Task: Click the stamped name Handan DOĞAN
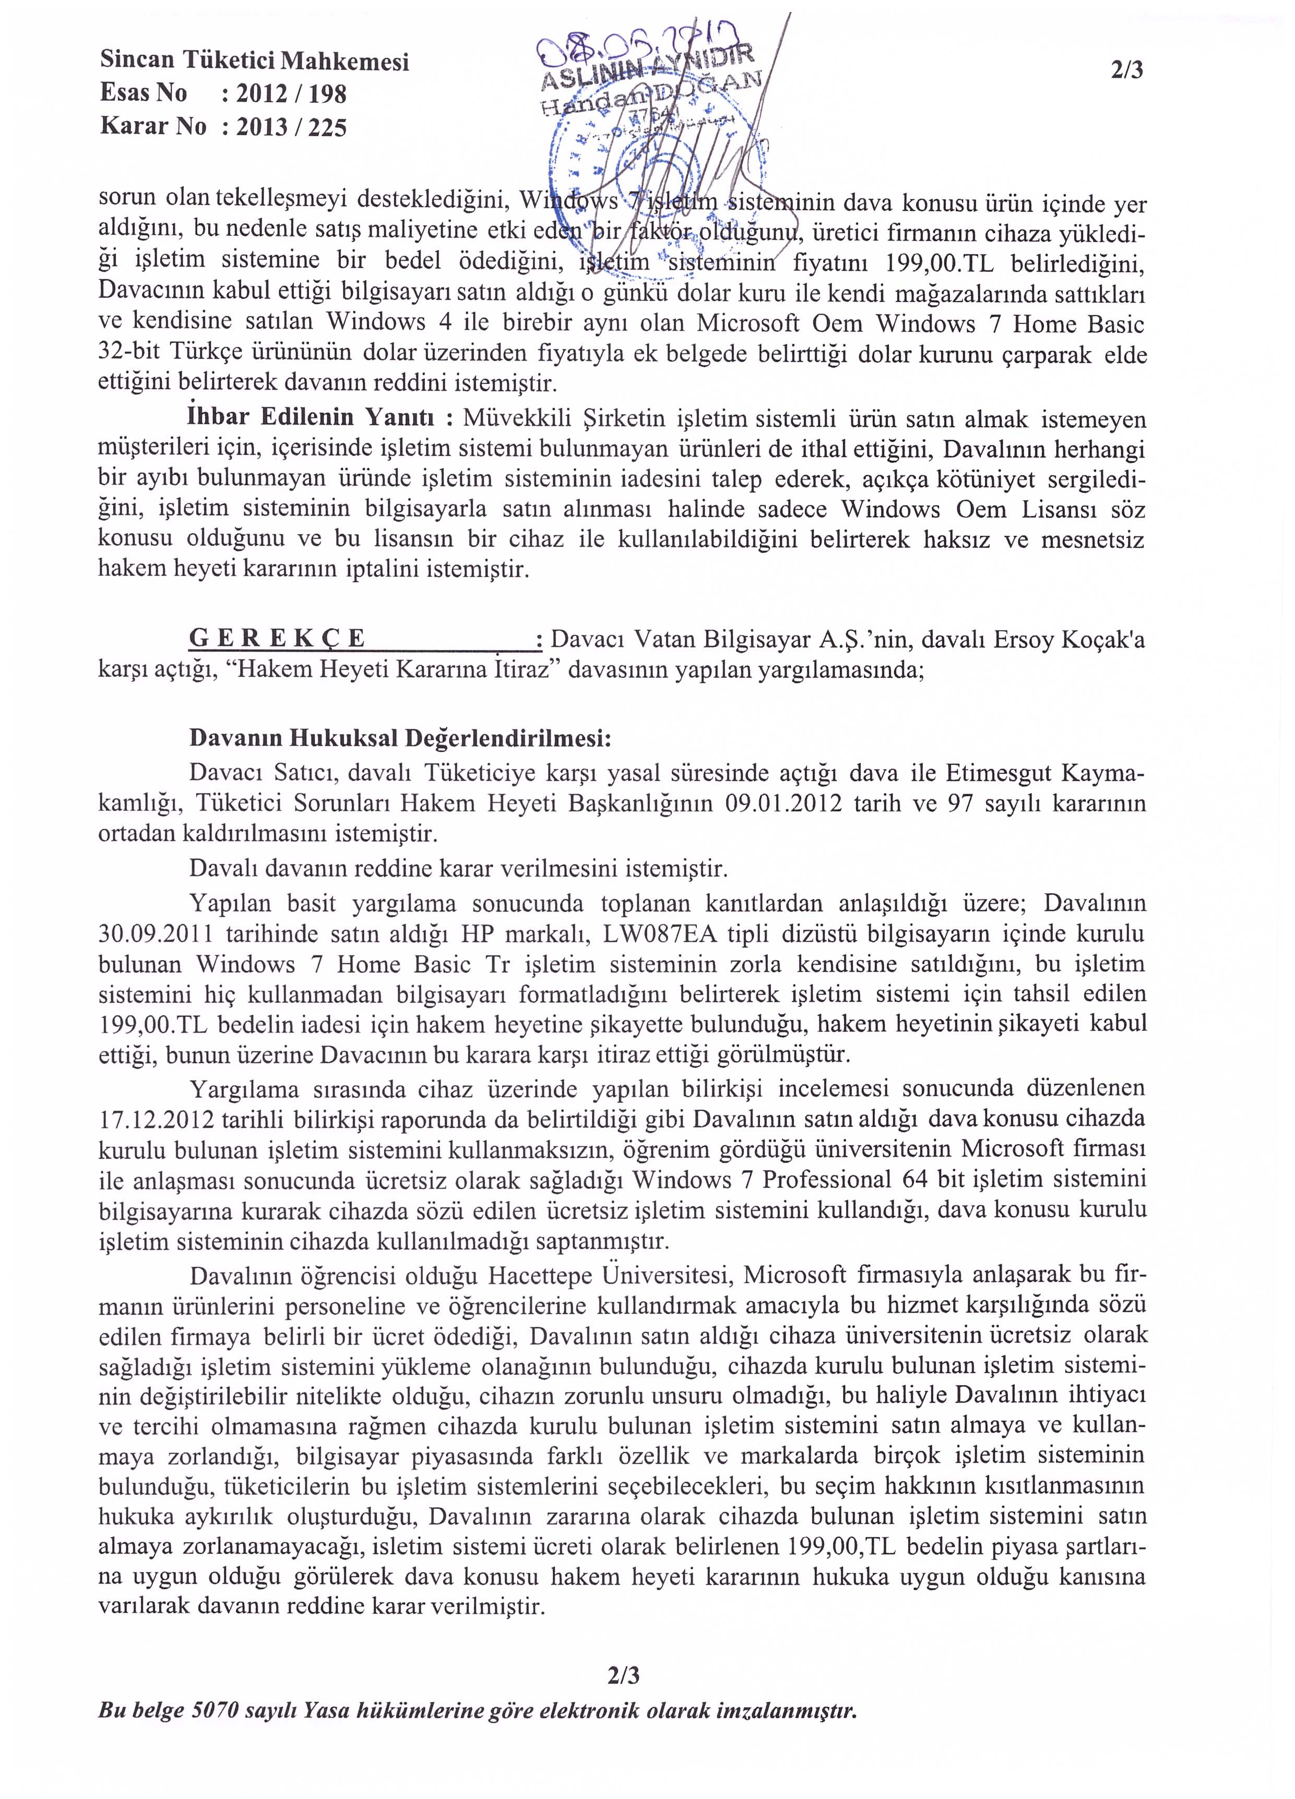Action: tap(651, 93)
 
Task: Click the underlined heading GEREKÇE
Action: tap(278, 639)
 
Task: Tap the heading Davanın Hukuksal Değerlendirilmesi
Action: tap(400, 738)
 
